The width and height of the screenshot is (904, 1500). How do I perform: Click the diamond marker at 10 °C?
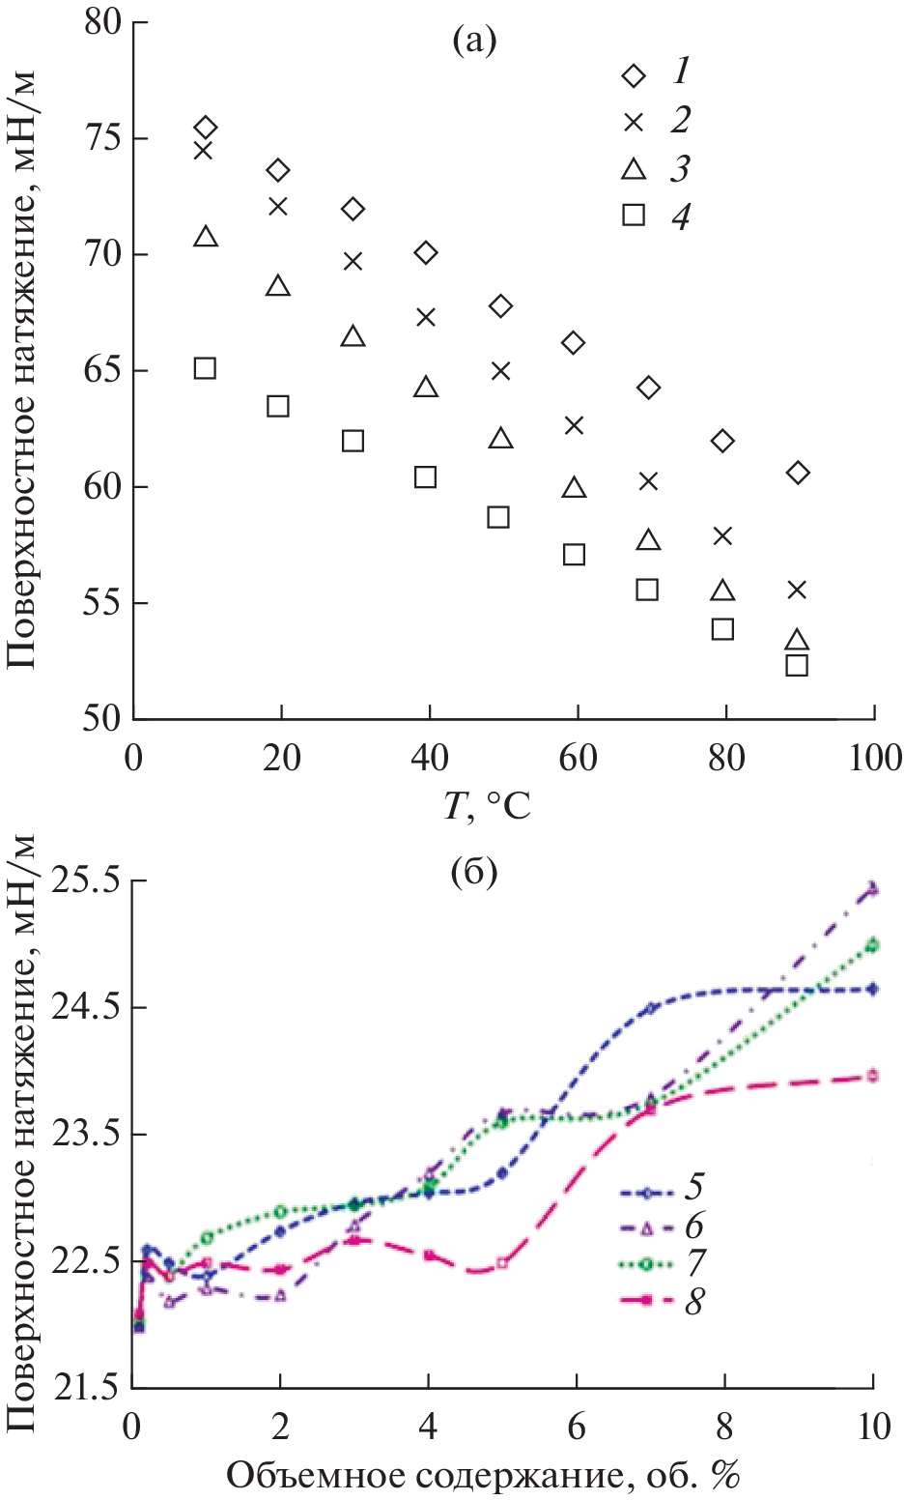[x=205, y=128]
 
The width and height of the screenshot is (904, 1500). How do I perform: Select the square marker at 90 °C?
[x=797, y=665]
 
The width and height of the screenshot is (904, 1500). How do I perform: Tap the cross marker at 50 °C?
[x=500, y=370]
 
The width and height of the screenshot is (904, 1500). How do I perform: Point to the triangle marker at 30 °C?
[x=353, y=336]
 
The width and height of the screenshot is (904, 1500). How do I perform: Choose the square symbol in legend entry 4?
[x=634, y=215]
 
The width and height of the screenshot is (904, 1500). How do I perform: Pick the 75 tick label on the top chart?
[x=100, y=138]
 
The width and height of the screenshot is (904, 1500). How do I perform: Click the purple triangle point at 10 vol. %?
[x=873, y=887]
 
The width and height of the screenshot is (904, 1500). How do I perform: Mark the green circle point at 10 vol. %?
[x=873, y=945]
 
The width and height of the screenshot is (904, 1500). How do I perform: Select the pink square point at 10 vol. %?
[x=873, y=1075]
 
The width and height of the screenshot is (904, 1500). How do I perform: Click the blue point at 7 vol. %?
[x=651, y=1008]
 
